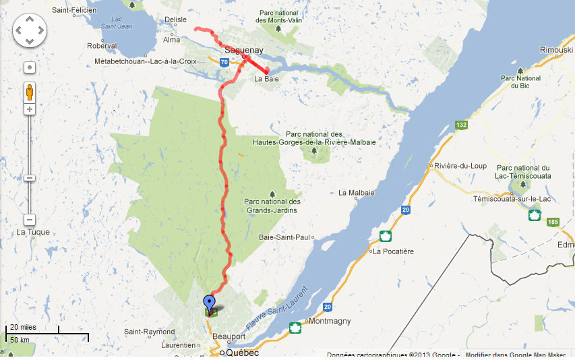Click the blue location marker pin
[210, 304]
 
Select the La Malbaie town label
[357, 193]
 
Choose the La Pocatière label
[394, 251]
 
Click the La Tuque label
[32, 233]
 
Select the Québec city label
[243, 353]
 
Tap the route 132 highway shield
[461, 125]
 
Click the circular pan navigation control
[30, 30]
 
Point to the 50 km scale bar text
[20, 339]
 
